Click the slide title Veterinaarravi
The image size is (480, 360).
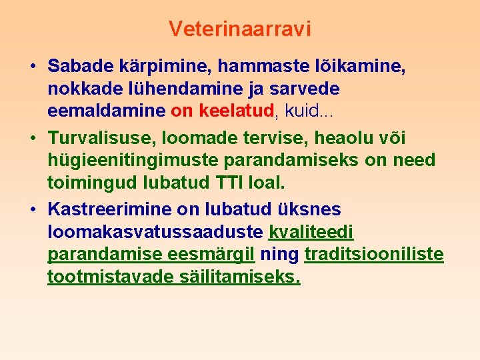point(240,29)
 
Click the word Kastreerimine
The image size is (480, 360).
point(110,210)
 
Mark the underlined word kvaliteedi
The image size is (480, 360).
point(311,232)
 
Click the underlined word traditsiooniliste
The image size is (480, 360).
point(374,254)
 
